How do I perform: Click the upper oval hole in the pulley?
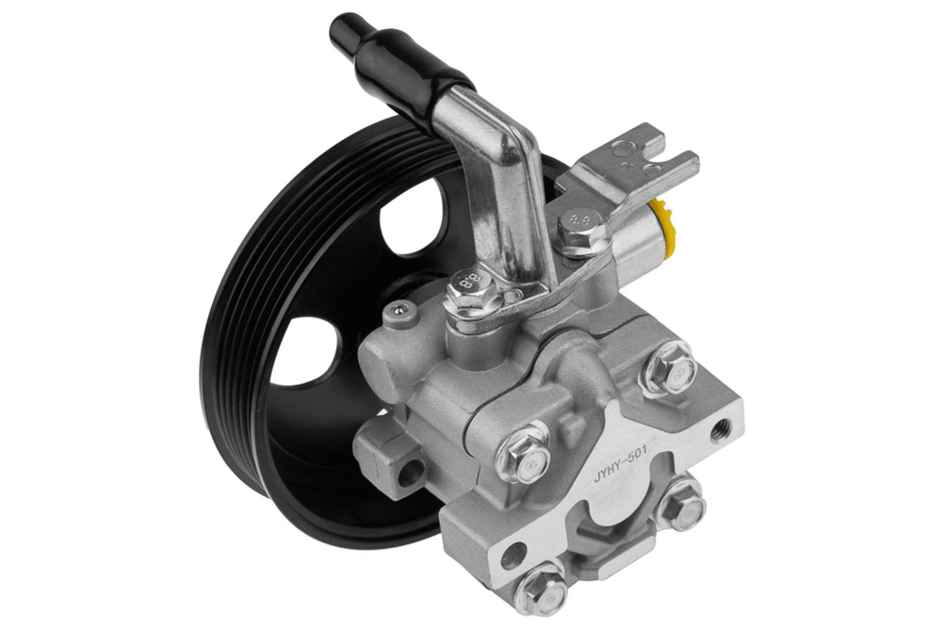click(414, 217)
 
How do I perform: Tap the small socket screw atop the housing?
click(396, 310)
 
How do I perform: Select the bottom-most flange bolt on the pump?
click(542, 590)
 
